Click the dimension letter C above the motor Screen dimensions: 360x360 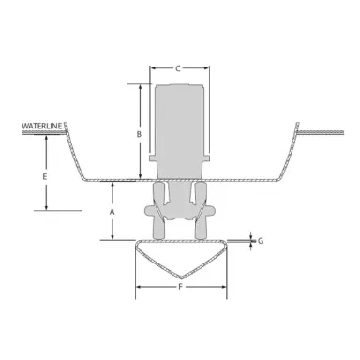pos(178,68)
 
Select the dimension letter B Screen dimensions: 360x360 pos(139,135)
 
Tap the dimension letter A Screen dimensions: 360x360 pos(112,214)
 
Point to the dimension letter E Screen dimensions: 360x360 pos(44,175)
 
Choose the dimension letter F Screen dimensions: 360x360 pos(179,300)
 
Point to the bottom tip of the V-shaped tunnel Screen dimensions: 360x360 pos(180,277)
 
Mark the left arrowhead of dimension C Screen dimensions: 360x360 pos(154,68)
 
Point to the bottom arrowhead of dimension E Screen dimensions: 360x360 pos(44,207)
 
